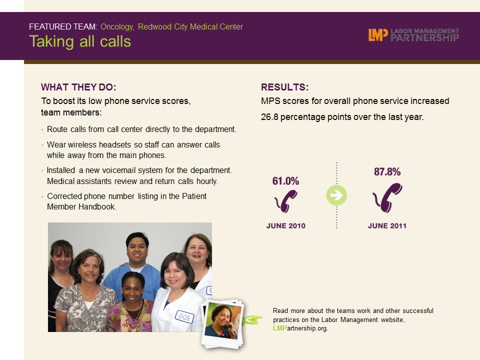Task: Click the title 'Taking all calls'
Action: point(80,41)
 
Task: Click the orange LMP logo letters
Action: point(378,35)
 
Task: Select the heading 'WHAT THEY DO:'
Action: point(78,87)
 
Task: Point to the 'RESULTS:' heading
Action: point(284,87)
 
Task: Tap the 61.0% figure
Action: point(285,181)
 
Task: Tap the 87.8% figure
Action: point(387,171)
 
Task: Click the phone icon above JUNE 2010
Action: point(286,201)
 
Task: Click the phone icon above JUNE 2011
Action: point(387,198)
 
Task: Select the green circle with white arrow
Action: point(336,195)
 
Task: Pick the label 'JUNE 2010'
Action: point(286,226)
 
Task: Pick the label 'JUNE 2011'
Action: point(387,226)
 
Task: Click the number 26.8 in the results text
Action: point(269,117)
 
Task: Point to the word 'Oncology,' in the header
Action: point(117,27)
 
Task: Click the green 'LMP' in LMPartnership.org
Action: point(280,328)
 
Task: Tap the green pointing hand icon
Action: point(252,320)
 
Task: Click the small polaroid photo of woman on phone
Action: point(223,324)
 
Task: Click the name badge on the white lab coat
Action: point(184,316)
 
